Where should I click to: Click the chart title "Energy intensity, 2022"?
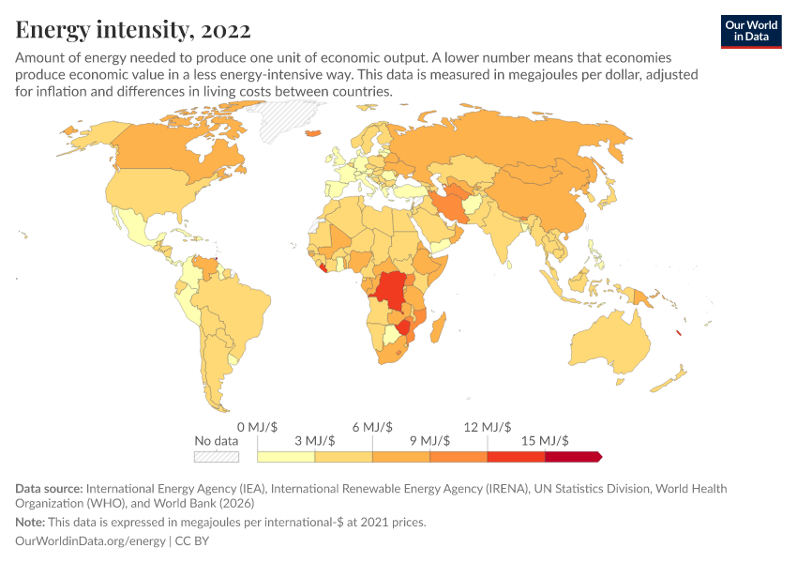click(x=133, y=30)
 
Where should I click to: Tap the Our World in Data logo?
click(x=750, y=30)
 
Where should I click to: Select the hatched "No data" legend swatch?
click(x=217, y=457)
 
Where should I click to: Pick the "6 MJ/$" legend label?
click(x=372, y=427)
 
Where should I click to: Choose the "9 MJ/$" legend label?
click(x=429, y=440)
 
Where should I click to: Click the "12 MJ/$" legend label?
click(x=488, y=427)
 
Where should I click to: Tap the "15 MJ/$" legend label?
click(x=545, y=440)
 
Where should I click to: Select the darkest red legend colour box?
click(x=572, y=457)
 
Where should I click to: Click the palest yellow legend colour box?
click(x=286, y=457)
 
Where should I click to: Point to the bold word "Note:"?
click(x=33, y=522)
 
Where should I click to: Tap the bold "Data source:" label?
click(x=49, y=489)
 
